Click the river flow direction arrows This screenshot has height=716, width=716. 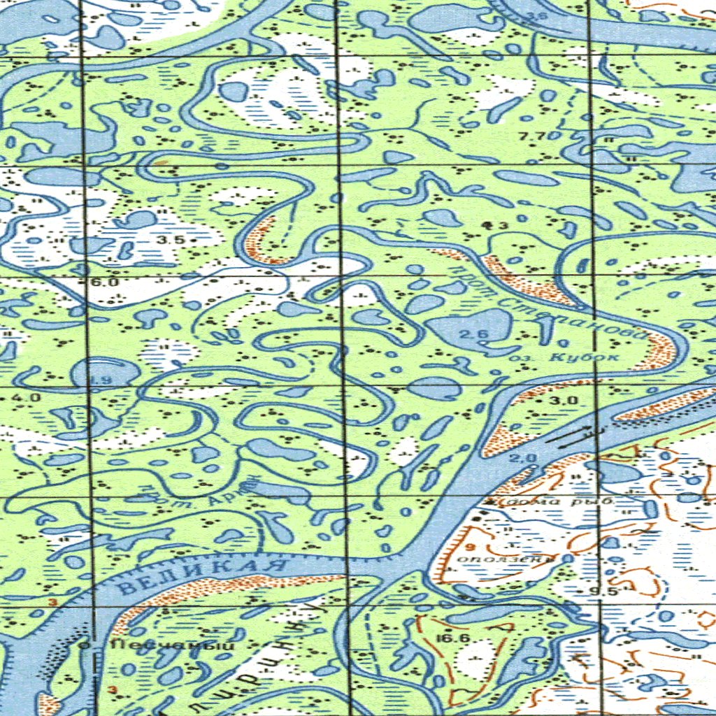[x=571, y=438]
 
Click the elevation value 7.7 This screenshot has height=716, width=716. [x=533, y=136]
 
